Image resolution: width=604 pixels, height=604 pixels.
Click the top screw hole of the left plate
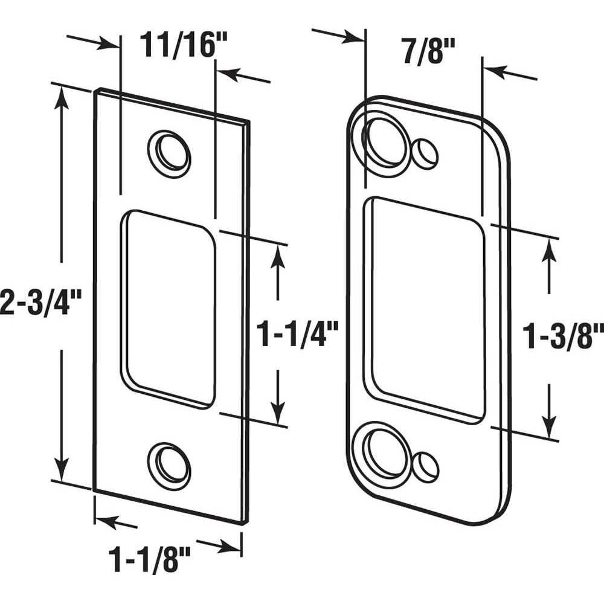170,153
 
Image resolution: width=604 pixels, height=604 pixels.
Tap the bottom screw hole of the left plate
170,466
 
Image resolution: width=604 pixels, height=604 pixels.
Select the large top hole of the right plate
384,143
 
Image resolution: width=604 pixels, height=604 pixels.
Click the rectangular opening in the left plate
168,309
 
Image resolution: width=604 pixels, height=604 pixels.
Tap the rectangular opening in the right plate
424,308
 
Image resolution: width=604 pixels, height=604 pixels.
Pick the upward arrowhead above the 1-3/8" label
549,251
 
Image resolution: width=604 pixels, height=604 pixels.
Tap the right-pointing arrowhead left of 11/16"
108,43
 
